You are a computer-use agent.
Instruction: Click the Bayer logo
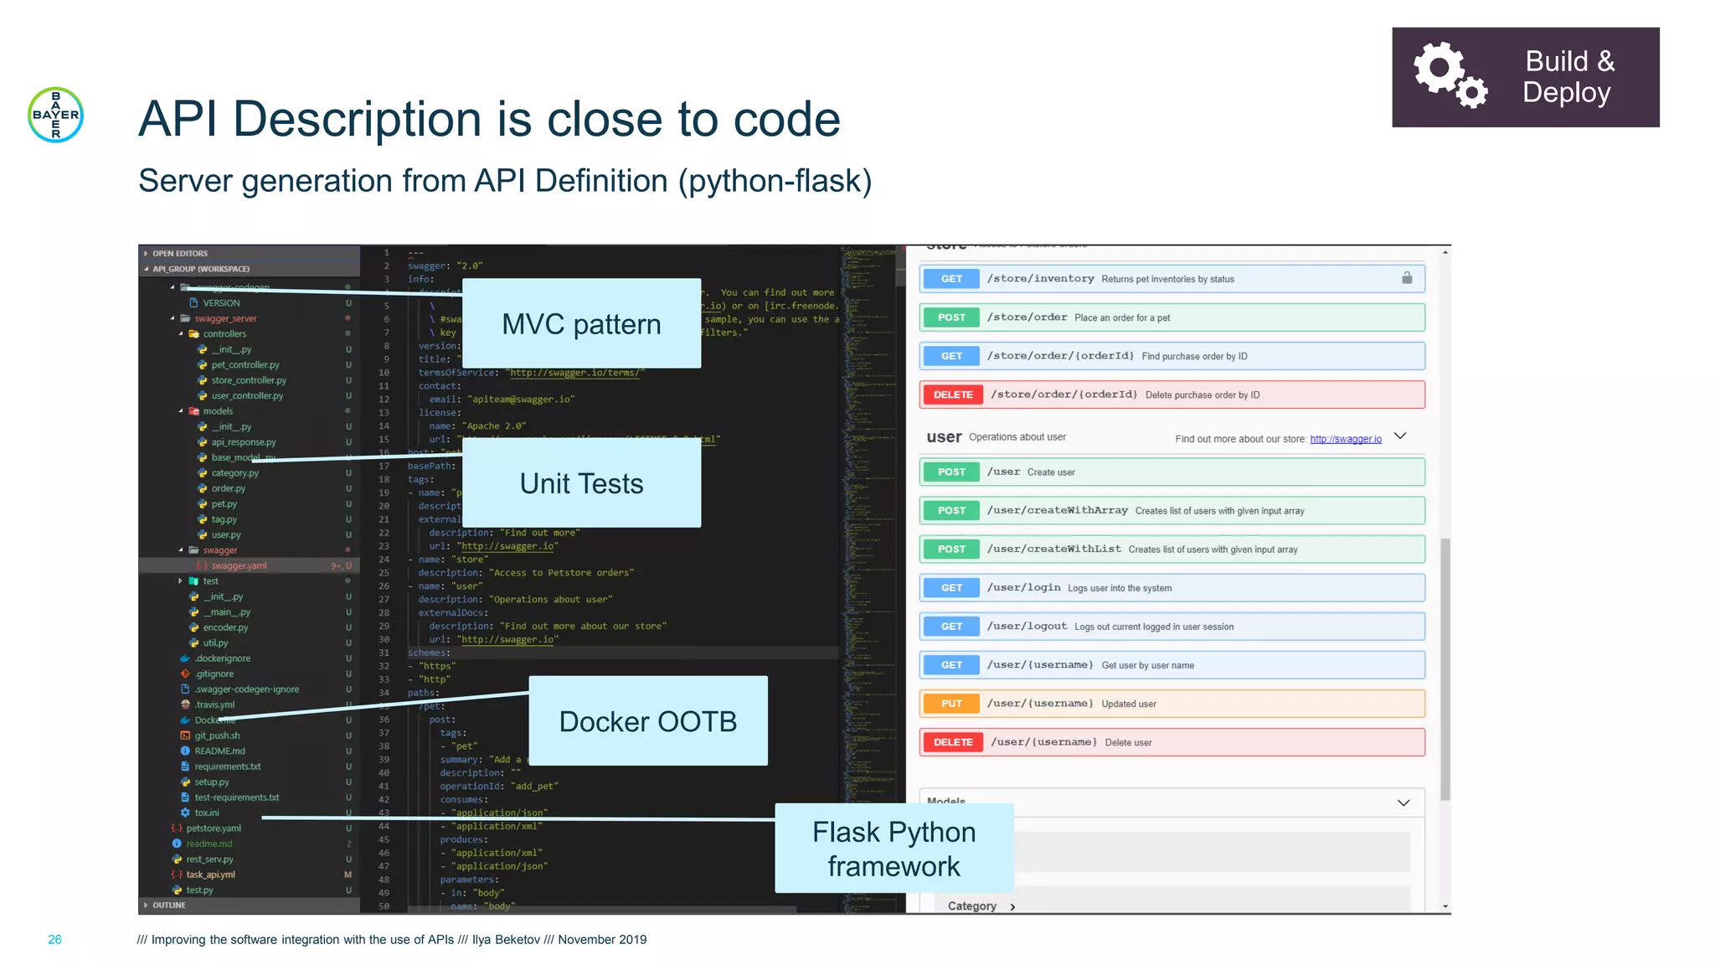click(x=55, y=115)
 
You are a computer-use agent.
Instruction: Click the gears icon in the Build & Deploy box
click(x=1450, y=75)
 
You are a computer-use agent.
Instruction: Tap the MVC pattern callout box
click(x=581, y=323)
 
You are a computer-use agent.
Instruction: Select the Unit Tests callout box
click(x=581, y=483)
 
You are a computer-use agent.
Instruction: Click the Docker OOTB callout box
click(x=647, y=721)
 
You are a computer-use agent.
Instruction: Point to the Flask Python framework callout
click(x=894, y=849)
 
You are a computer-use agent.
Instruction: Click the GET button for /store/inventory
click(x=951, y=279)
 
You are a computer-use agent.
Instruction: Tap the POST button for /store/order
click(x=951, y=317)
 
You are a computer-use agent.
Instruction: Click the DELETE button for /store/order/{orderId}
click(x=953, y=395)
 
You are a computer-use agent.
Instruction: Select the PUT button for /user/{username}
click(x=951, y=704)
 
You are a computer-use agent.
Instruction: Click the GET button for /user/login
click(x=951, y=588)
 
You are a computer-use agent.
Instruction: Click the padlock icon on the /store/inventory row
click(x=1407, y=278)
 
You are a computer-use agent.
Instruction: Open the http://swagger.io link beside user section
click(x=1346, y=439)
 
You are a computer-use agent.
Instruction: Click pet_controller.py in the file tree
click(x=245, y=365)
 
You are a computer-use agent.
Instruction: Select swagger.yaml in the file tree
click(x=239, y=565)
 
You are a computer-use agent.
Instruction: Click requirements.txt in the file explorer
click(x=228, y=766)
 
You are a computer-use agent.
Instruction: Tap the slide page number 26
click(x=54, y=940)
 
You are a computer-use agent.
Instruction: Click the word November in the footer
click(x=584, y=940)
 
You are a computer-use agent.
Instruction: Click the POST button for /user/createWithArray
click(x=951, y=511)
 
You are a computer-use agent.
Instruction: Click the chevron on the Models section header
click(x=1403, y=802)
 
